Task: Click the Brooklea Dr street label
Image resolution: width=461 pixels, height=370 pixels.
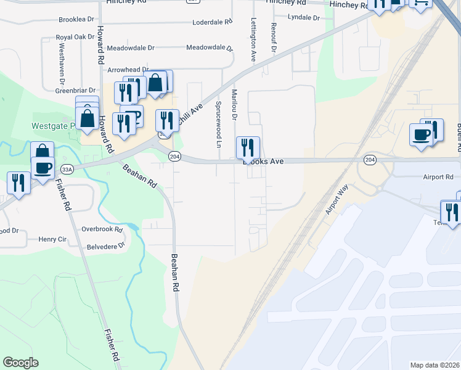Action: pos(76,20)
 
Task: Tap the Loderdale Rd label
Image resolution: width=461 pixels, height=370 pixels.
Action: pos(211,22)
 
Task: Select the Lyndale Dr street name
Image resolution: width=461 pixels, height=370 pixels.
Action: pos(304,18)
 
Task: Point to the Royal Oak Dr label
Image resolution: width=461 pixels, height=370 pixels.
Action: pos(75,37)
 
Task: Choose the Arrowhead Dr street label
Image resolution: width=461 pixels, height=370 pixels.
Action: pos(128,70)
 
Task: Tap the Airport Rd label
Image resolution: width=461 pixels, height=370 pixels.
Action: pos(438,177)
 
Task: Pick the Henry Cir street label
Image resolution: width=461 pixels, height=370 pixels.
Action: pos(52,239)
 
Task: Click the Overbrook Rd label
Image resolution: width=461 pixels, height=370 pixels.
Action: pos(102,229)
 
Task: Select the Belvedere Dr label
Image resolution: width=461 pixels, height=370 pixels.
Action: pos(104,245)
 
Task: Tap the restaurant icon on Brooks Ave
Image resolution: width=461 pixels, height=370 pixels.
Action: pos(248,147)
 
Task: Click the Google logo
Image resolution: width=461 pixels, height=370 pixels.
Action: pos(20,363)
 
